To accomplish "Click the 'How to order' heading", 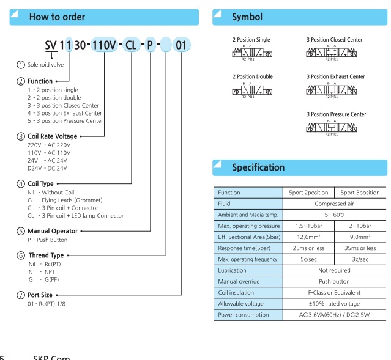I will tap(57, 17).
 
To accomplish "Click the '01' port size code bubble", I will tap(183, 46).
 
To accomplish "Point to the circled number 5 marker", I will tap(21, 231).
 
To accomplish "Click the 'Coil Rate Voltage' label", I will tap(52, 136).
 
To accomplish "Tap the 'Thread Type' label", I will tap(47, 255).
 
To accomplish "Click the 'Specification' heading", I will tap(258, 167).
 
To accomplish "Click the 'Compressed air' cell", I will tap(335, 204).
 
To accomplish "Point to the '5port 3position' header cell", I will tap(360, 193).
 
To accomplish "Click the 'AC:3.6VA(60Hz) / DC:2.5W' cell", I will tap(335, 315).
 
